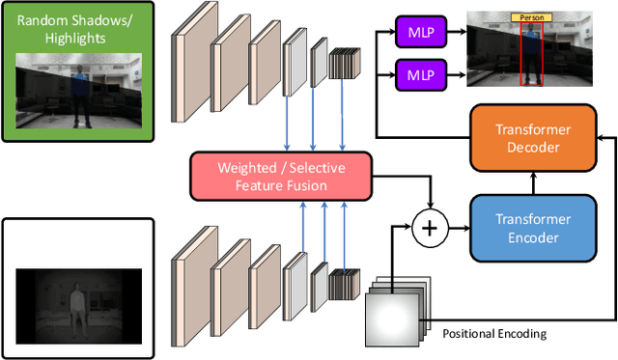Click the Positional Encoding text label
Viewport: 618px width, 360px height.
493,334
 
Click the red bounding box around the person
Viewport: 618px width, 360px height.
532,53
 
